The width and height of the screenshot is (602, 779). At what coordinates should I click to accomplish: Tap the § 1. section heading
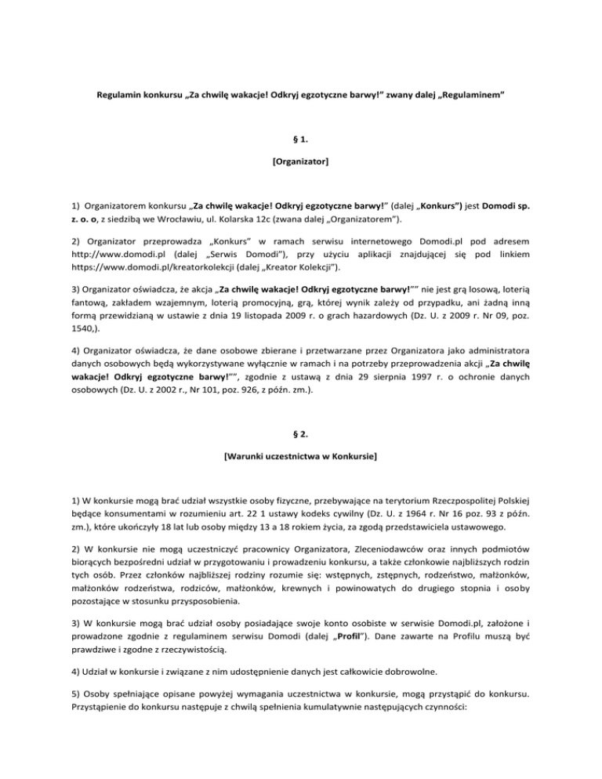(300, 159)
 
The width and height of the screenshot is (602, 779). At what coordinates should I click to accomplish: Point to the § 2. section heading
(300, 436)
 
